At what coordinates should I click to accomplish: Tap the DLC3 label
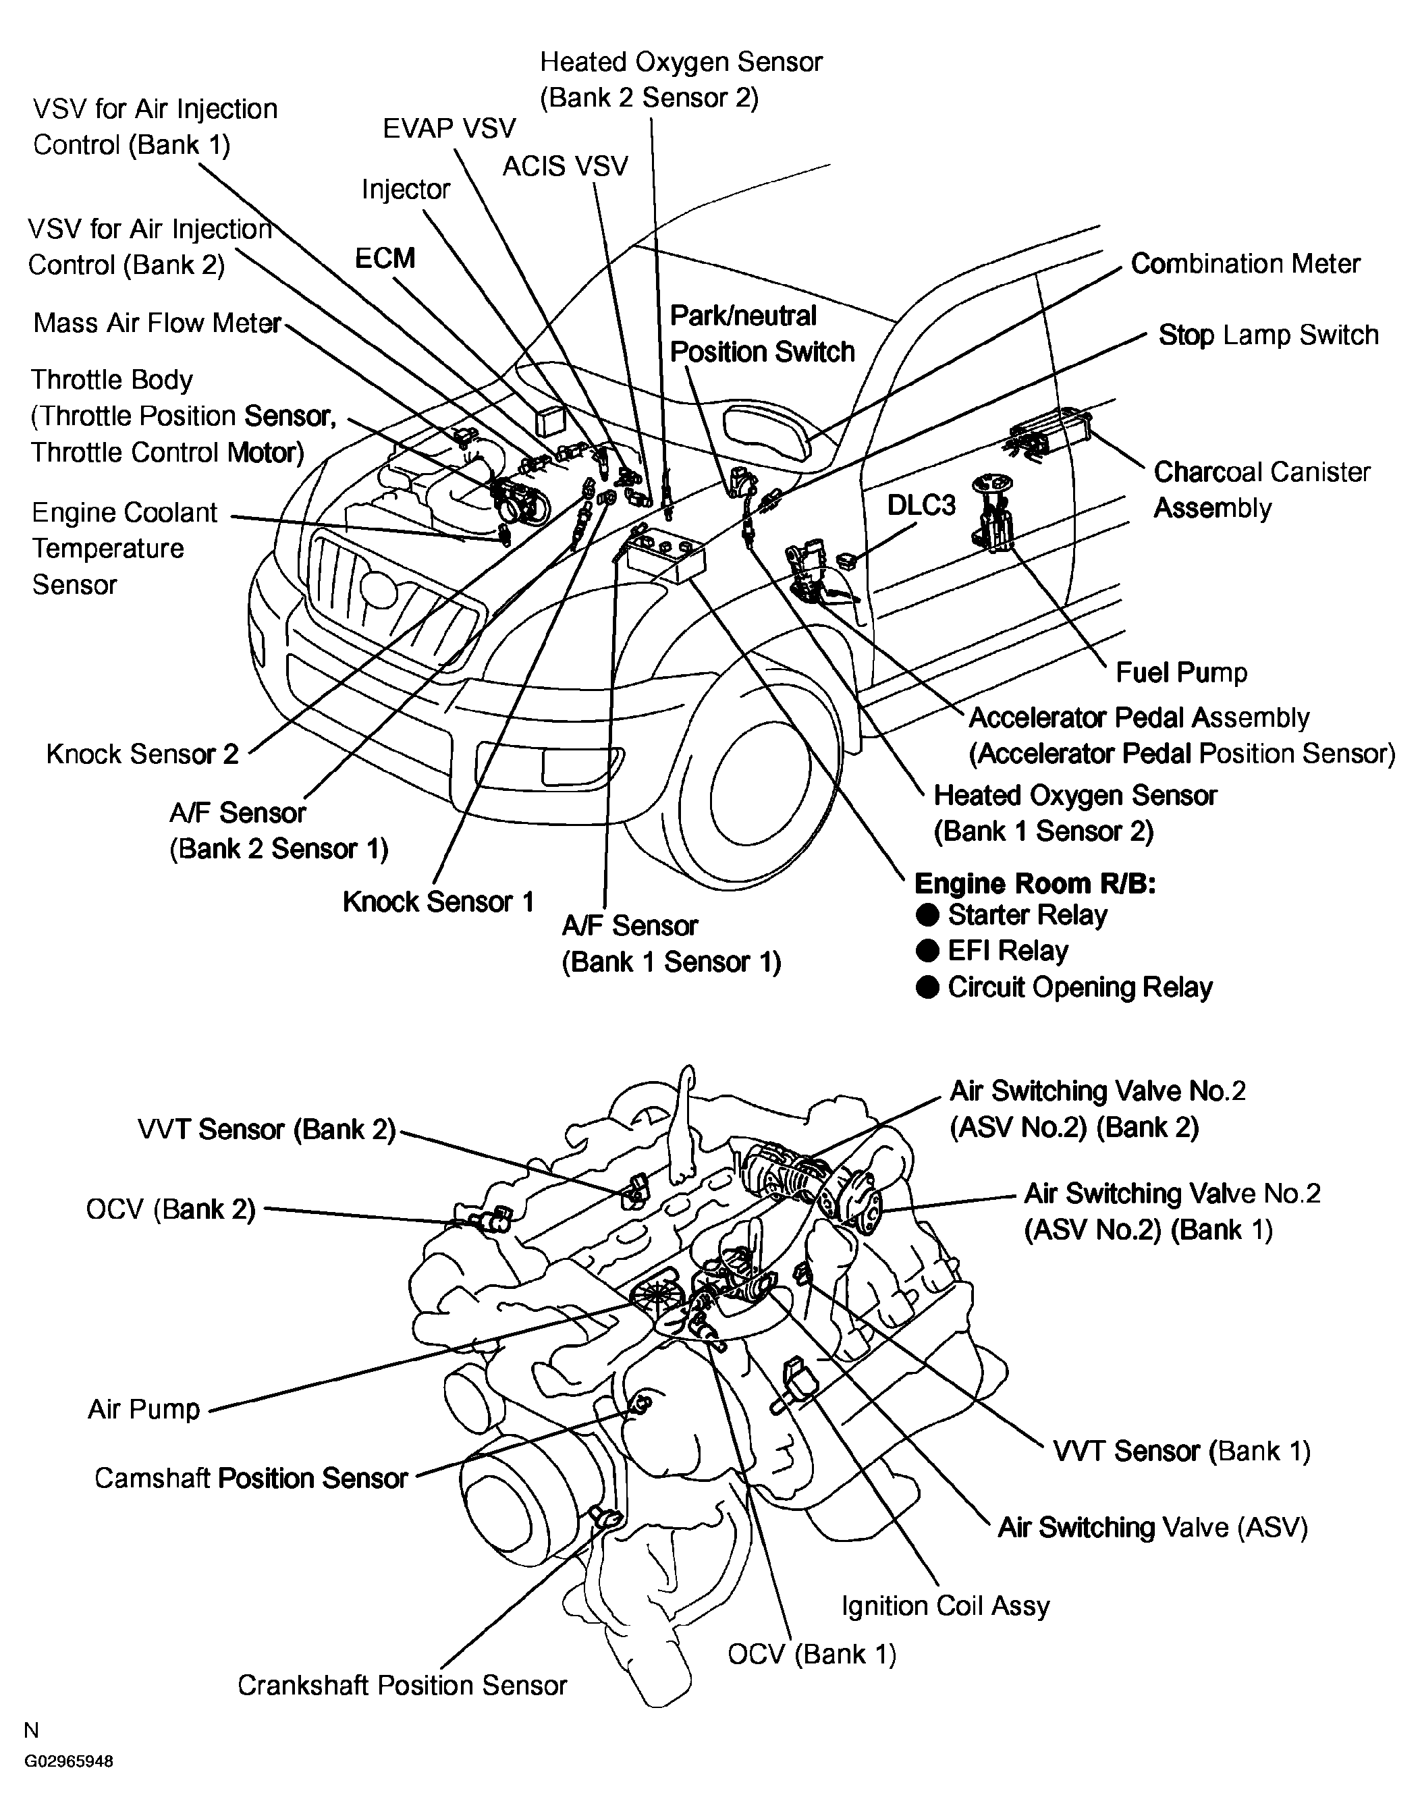coord(921,505)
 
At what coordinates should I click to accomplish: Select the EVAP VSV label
coord(449,128)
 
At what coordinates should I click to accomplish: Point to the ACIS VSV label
coord(565,167)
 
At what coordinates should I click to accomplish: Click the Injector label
coord(406,190)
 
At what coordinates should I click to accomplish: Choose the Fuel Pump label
coord(1181,673)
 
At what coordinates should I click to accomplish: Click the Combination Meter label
coord(1245,264)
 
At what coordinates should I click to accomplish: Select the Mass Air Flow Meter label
coord(157,323)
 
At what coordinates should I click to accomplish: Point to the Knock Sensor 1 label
coord(438,902)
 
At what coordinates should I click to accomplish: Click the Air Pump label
coord(144,1409)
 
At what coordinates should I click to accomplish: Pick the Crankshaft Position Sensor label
coord(402,1686)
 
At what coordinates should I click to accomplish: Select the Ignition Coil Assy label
coord(946,1605)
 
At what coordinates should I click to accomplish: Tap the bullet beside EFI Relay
coord(927,951)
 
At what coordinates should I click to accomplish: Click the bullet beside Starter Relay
coord(927,915)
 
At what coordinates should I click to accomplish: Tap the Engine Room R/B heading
coord(1035,883)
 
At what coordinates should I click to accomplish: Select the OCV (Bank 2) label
coord(171,1209)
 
